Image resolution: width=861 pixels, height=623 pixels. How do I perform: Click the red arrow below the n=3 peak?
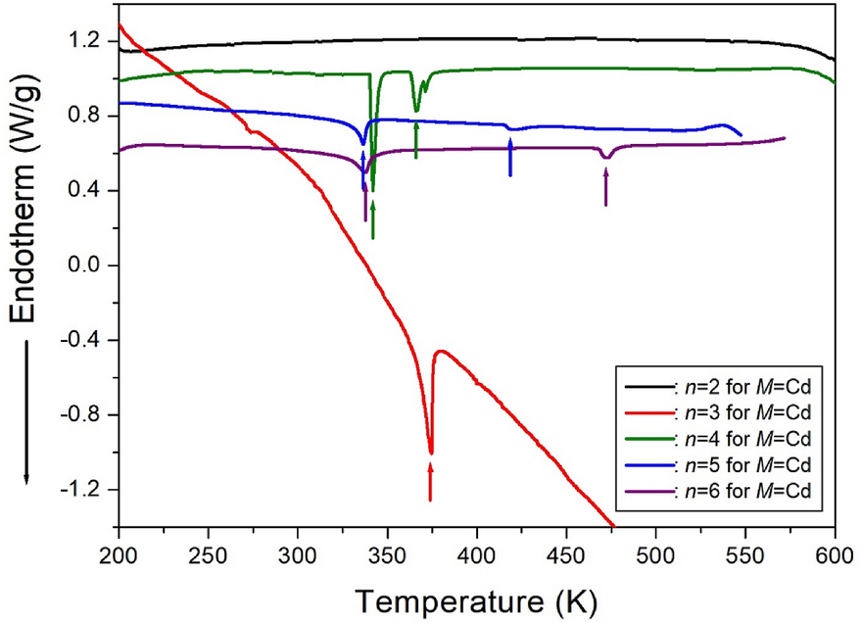430,481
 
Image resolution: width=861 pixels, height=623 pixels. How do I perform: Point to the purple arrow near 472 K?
606,186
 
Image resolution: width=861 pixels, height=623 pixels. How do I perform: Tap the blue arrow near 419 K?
510,157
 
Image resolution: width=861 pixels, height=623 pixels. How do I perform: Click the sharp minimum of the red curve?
431,453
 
